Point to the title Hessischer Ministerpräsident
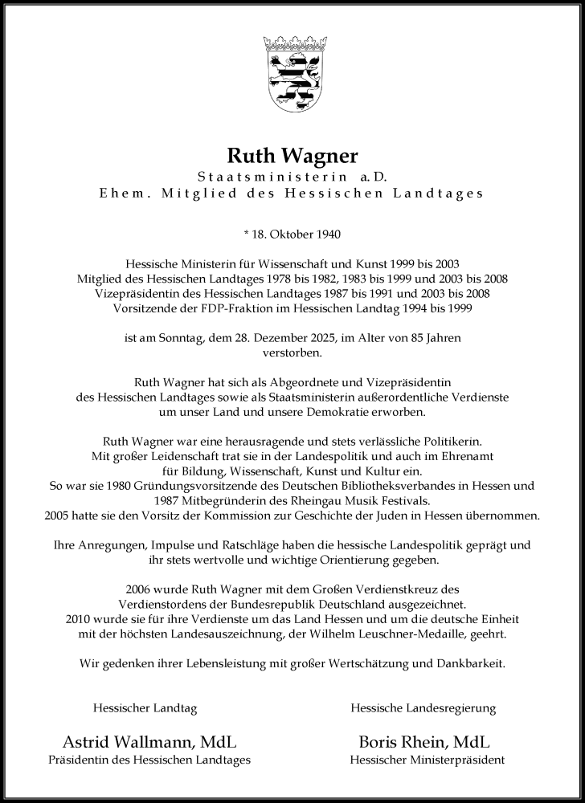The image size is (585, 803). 427,760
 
